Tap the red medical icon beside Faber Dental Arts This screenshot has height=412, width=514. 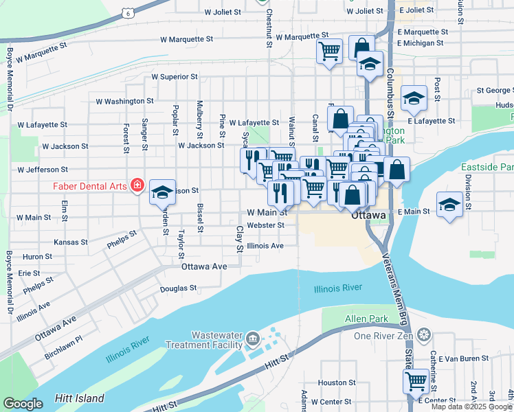[x=137, y=185]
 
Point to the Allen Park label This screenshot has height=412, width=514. [x=366, y=319]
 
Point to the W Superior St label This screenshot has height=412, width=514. [x=175, y=77]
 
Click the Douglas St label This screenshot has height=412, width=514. [x=179, y=288]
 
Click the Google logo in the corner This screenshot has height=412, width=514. [x=23, y=404]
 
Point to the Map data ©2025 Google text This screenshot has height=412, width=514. [x=471, y=407]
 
